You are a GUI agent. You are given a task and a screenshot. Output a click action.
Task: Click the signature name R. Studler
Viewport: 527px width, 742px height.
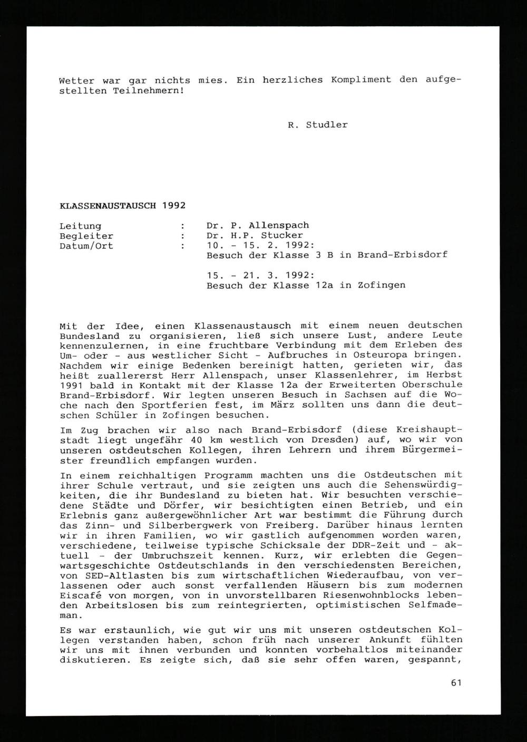click(x=318, y=126)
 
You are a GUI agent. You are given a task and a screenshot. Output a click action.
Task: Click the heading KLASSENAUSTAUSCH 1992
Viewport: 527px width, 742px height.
click(x=122, y=205)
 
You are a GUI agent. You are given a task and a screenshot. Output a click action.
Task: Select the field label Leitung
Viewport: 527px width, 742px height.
click(x=80, y=226)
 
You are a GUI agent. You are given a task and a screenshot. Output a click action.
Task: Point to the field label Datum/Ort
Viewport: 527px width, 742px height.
click(x=86, y=246)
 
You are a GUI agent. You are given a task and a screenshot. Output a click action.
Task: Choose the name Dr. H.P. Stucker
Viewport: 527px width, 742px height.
click(x=255, y=236)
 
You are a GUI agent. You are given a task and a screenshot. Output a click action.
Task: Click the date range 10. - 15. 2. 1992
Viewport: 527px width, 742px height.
click(x=261, y=246)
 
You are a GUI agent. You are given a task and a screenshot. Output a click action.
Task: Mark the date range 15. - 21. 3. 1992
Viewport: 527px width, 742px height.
click(x=261, y=276)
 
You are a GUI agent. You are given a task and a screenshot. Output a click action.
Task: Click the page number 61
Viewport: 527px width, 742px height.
click(x=456, y=683)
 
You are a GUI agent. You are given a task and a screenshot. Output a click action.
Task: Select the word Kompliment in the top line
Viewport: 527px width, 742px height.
click(x=361, y=80)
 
